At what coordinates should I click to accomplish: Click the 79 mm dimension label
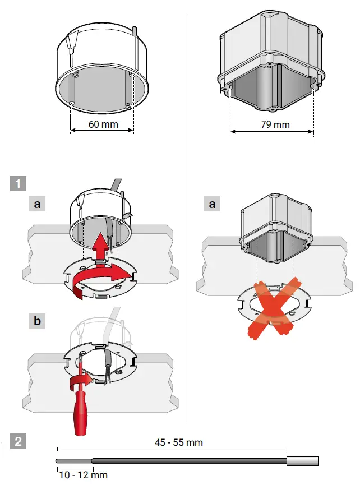pyautogui.click(x=275, y=124)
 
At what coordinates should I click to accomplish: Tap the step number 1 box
pyautogui.click(x=18, y=183)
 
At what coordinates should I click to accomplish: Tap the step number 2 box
pyautogui.click(x=18, y=441)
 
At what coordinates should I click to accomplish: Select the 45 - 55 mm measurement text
pyautogui.click(x=179, y=442)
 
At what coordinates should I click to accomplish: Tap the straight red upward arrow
pyautogui.click(x=101, y=246)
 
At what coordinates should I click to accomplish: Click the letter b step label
pyautogui.click(x=37, y=322)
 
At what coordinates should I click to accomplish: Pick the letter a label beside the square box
pyautogui.click(x=212, y=205)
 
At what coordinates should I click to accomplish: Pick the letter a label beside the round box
pyautogui.click(x=37, y=205)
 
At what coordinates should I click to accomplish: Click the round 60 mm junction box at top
pyautogui.click(x=104, y=67)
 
